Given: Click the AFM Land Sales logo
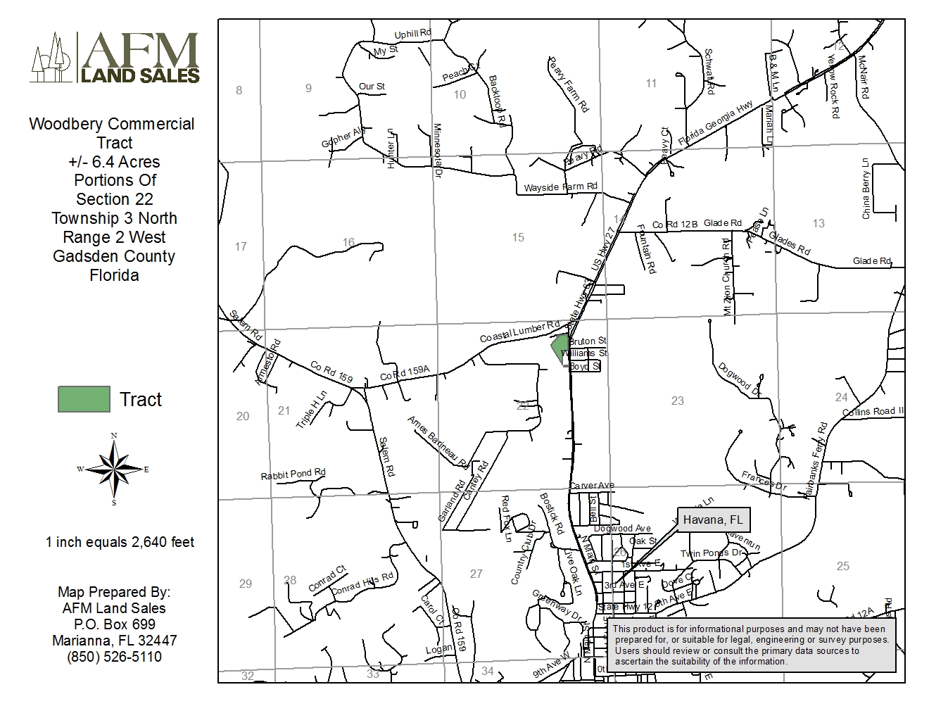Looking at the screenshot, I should coord(115,58).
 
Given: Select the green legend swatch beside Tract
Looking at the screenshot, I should coord(84,399).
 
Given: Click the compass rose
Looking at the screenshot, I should coord(113,470).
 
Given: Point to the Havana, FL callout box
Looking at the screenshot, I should coord(714,520).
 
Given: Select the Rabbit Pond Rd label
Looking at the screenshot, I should coord(293,474).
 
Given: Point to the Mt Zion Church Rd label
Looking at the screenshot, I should coord(728,277).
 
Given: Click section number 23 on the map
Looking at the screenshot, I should coord(677,401).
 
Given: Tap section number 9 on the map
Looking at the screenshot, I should coord(308,88).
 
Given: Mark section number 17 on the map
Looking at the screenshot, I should coord(241,246).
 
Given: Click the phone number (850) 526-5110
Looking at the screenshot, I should coord(114,657).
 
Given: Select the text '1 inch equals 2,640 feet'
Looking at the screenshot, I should coord(120,542).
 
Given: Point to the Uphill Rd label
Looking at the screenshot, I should coord(412,34).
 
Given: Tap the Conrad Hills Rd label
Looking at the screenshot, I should coord(362,584).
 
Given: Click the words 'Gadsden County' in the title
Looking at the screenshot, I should coord(113,256).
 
